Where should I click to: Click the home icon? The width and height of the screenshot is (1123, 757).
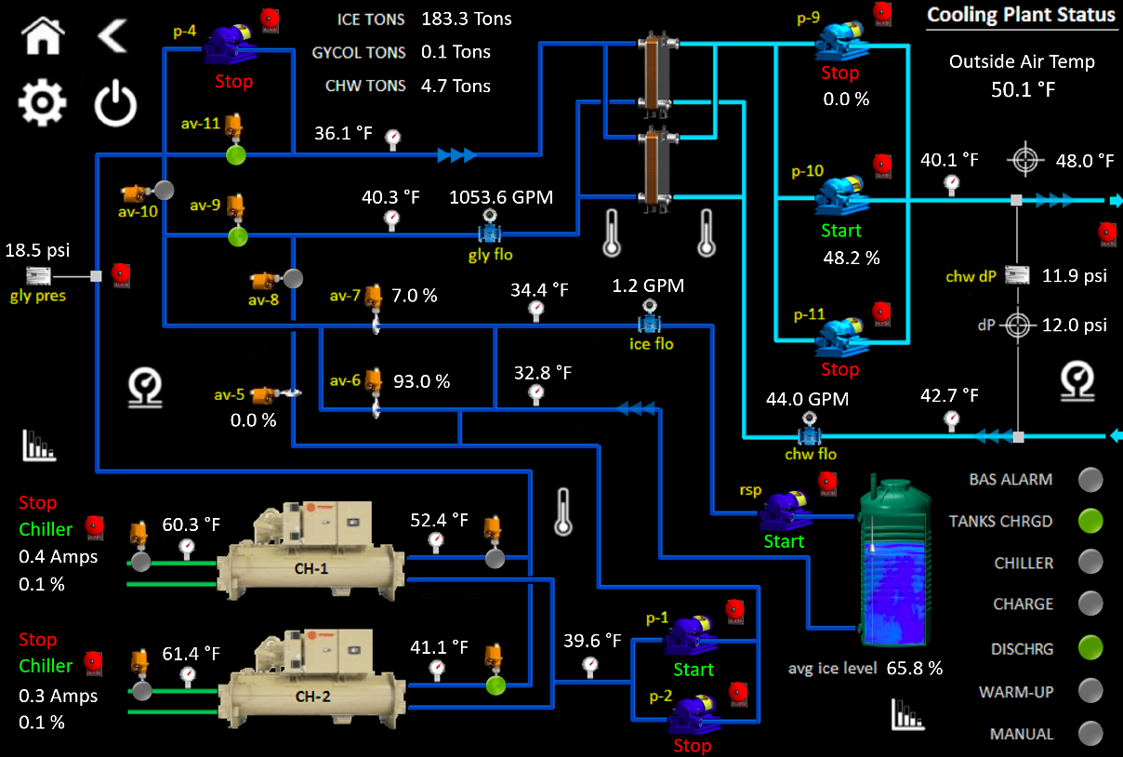[44, 37]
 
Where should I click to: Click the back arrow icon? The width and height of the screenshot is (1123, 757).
[112, 37]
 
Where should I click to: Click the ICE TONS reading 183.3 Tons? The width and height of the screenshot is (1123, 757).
[466, 19]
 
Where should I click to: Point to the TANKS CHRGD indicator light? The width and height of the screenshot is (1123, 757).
[1090, 522]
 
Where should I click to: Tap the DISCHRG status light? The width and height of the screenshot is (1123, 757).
[1090, 647]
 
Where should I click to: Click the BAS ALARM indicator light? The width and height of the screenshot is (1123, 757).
[1090, 480]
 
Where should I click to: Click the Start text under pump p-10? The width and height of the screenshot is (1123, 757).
[841, 231]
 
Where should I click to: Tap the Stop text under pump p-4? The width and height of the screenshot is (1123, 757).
[233, 82]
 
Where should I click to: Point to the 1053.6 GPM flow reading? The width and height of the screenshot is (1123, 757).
[500, 197]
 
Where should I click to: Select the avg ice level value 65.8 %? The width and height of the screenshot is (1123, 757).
[915, 668]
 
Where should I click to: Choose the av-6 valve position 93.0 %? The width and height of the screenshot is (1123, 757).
[421, 381]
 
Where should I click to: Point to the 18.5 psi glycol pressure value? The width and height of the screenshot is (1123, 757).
[37, 251]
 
